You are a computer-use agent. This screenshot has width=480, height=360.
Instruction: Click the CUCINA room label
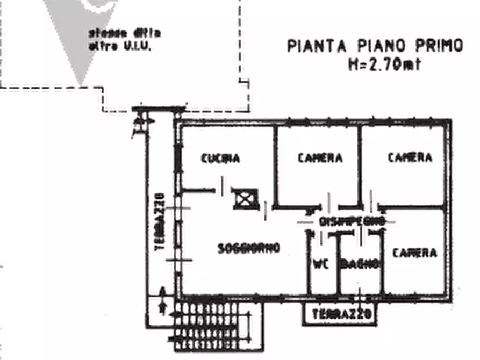coord(220,159)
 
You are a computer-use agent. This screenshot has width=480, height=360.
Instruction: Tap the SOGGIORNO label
coord(249,248)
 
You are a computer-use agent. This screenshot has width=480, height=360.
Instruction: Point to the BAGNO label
coord(360,264)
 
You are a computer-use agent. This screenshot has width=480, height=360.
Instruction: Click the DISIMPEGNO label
coord(352,221)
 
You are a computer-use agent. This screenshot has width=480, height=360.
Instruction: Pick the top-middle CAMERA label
coord(320,158)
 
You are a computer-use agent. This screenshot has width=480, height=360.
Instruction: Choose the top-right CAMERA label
coord(410,157)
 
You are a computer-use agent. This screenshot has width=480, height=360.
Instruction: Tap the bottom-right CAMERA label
coord(414,253)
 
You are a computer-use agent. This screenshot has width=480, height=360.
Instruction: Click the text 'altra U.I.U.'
coord(120,46)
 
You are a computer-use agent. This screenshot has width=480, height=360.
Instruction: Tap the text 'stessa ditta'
coord(124,33)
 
